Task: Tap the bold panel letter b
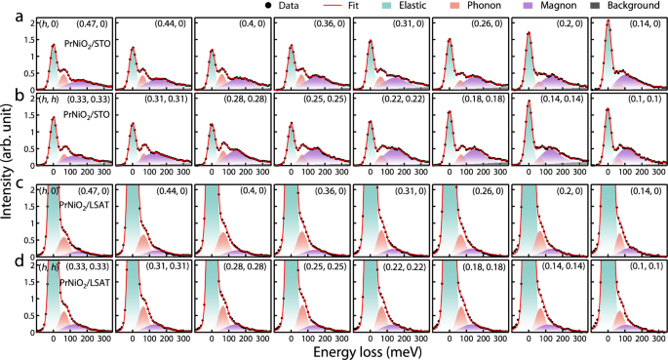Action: pos(8,94)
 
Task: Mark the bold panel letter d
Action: pos(8,260)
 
